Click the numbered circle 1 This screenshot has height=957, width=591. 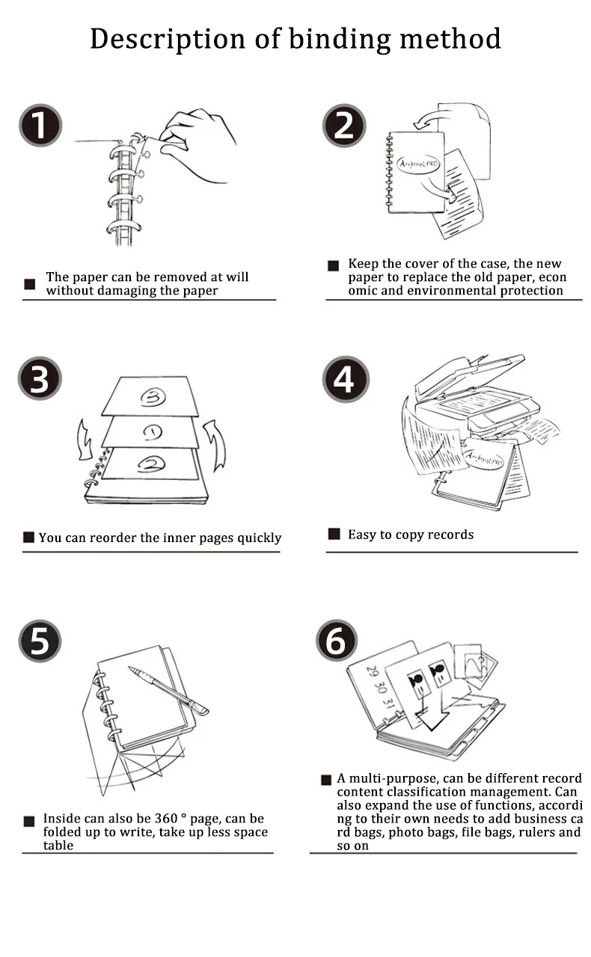coord(40,125)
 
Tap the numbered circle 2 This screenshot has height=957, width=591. coord(343,125)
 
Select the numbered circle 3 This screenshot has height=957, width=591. coord(40,378)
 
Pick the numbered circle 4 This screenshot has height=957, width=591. coord(343,378)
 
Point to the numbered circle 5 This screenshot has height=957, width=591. coord(40,641)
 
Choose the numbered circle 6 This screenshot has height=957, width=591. coord(337,641)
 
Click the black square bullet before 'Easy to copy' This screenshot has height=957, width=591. coord(334,534)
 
